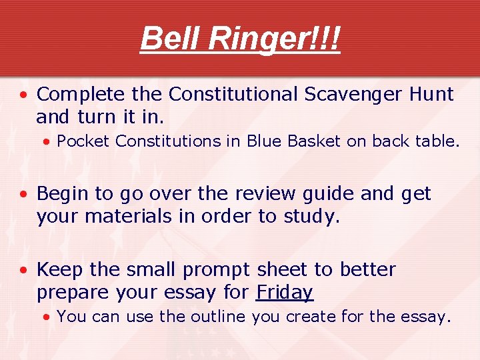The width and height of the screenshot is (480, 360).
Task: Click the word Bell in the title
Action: (x=170, y=39)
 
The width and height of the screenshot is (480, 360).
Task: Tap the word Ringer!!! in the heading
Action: (x=274, y=39)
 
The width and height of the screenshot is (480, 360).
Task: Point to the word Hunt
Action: (x=428, y=95)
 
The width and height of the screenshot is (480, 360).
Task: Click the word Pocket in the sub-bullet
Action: (x=78, y=141)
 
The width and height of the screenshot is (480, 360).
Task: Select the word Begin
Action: (x=63, y=194)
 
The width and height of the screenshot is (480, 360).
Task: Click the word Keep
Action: (x=60, y=270)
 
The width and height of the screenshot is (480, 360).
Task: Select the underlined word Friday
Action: (x=285, y=293)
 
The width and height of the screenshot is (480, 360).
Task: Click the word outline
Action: (x=219, y=317)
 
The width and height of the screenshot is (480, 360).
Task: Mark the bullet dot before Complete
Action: (x=23, y=95)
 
